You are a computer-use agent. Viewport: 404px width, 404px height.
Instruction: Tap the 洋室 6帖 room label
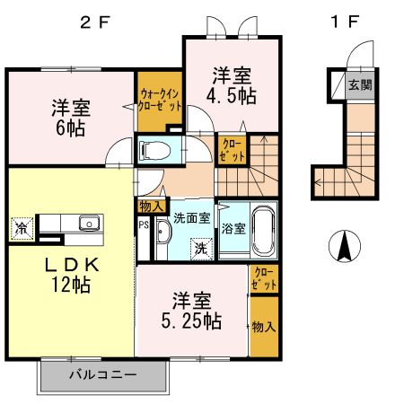(x=68, y=118)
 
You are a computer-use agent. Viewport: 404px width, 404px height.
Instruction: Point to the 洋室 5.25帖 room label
(x=192, y=310)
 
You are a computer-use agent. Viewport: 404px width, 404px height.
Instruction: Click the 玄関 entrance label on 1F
(x=359, y=86)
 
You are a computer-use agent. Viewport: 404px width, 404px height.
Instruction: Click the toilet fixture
(x=154, y=150)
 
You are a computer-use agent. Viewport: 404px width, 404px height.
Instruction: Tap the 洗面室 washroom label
(x=190, y=216)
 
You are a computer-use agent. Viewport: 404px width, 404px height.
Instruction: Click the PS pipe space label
(x=143, y=224)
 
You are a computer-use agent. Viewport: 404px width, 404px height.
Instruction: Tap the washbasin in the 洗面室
(x=162, y=238)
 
